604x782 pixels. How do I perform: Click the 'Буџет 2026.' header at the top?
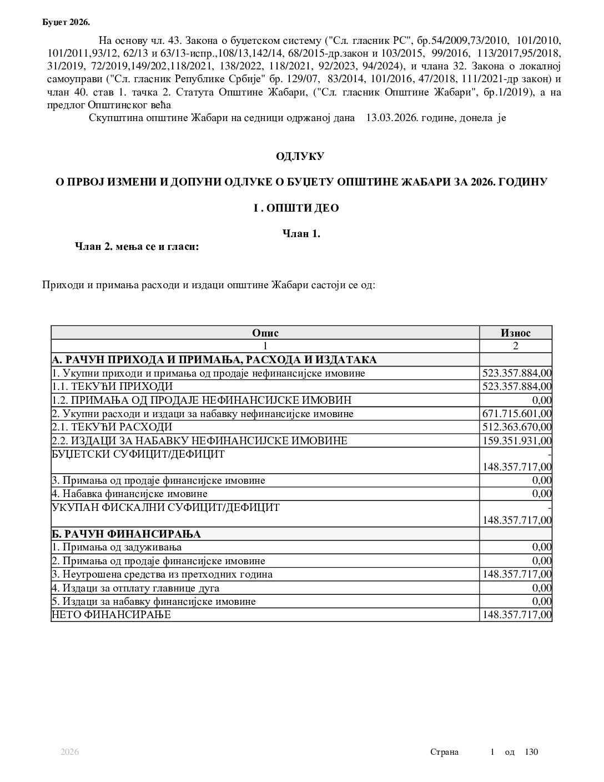pos(66,22)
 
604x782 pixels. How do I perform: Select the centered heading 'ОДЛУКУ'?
pos(300,157)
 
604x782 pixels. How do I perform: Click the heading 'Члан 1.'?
pos(301,234)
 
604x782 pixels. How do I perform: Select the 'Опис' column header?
pos(265,333)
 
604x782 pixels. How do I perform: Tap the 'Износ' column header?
pos(515,333)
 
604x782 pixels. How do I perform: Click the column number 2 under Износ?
pos(515,346)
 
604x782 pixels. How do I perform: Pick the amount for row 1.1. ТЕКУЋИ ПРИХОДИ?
pos(517,387)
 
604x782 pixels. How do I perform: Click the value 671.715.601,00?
pos(517,414)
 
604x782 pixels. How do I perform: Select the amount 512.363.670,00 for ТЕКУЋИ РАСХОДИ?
pos(517,427)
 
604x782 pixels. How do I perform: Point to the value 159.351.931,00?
pos(517,441)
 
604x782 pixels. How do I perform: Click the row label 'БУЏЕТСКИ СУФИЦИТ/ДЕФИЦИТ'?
pos(138,454)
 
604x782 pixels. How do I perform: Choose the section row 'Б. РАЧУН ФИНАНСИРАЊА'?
pos(126,534)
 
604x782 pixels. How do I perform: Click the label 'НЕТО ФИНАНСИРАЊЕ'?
pos(112,615)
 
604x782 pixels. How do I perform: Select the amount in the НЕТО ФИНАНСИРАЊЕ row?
pos(517,615)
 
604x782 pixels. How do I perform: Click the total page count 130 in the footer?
pos(531,752)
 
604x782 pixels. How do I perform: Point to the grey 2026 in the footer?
pos(70,752)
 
